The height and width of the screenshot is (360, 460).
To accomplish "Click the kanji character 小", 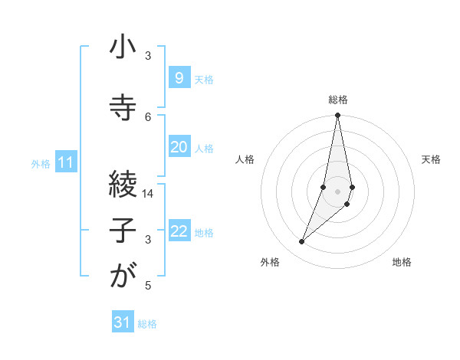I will tap(123, 47).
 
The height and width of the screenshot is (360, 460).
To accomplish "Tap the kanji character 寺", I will tap(123, 107).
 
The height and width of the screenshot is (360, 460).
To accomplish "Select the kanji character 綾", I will tap(123, 183).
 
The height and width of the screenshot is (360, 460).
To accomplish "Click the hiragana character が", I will tap(123, 277).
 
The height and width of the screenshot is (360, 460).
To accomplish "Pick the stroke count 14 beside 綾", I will tap(149, 194).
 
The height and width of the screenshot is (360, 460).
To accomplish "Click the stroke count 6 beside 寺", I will tap(149, 116).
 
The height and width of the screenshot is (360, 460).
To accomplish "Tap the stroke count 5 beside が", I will tap(149, 286).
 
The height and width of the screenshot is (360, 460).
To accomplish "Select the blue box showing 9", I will tap(179, 77).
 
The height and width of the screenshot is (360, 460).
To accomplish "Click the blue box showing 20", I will tap(179, 147).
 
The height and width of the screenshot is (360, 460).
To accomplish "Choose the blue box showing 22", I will tap(179, 231).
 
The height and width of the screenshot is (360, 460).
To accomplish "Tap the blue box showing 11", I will tap(66, 162).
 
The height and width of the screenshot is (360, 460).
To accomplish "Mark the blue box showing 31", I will tap(123, 322).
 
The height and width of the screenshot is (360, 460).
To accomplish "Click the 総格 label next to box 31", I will tap(147, 324).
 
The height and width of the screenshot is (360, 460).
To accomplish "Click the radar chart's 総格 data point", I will tap(337, 116).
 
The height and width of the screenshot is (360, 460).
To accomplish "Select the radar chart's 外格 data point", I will tap(301, 242).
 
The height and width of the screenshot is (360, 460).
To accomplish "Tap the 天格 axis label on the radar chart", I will tap(431, 159).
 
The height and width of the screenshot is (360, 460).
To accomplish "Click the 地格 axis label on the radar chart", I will tap(402, 262).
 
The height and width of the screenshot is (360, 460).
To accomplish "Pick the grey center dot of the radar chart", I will tap(337, 191).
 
